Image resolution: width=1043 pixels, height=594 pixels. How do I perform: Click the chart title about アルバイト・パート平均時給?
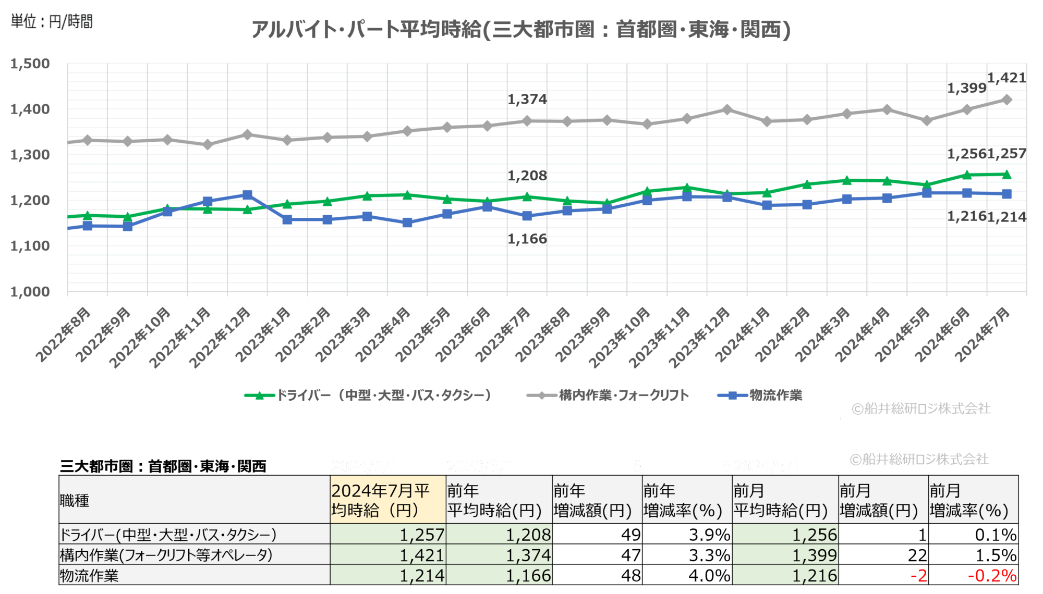[520, 29]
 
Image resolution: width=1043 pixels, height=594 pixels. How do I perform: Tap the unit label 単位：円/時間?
[52, 21]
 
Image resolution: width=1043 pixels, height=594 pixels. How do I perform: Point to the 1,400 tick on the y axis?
[30, 109]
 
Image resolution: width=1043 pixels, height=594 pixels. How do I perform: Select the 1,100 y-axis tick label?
[30, 246]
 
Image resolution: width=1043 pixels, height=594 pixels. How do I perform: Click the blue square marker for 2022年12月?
[247, 195]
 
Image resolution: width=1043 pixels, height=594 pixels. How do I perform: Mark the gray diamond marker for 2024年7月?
[1006, 100]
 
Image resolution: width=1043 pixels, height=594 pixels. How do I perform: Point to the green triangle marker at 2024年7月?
[1006, 175]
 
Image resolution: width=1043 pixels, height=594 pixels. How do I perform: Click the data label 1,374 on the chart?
[527, 99]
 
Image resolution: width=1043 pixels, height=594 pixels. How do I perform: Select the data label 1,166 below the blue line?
[527, 239]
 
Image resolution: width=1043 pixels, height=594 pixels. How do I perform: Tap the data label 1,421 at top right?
[1006, 78]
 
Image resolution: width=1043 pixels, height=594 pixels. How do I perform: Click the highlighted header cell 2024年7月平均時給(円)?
[387, 500]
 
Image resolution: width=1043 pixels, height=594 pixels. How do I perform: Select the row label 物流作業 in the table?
[89, 576]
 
